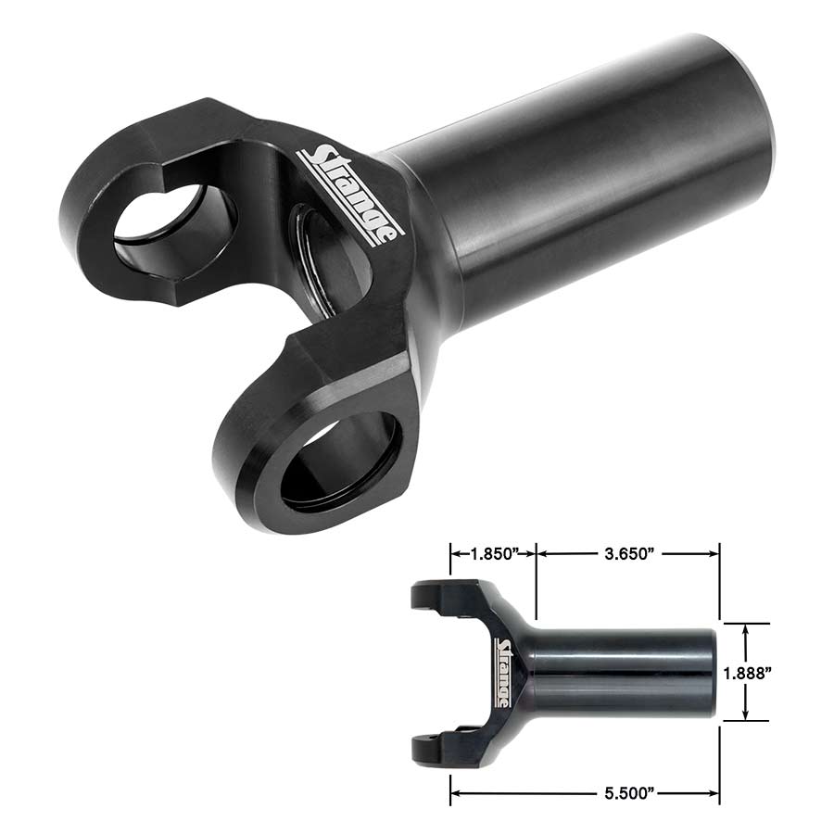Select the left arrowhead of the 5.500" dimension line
click(456, 792)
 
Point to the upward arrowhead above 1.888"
click(746, 629)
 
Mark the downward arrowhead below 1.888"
click(746, 714)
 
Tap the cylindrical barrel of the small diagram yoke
click(621, 672)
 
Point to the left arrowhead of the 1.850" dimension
click(456, 554)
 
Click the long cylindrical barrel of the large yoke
click(593, 176)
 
